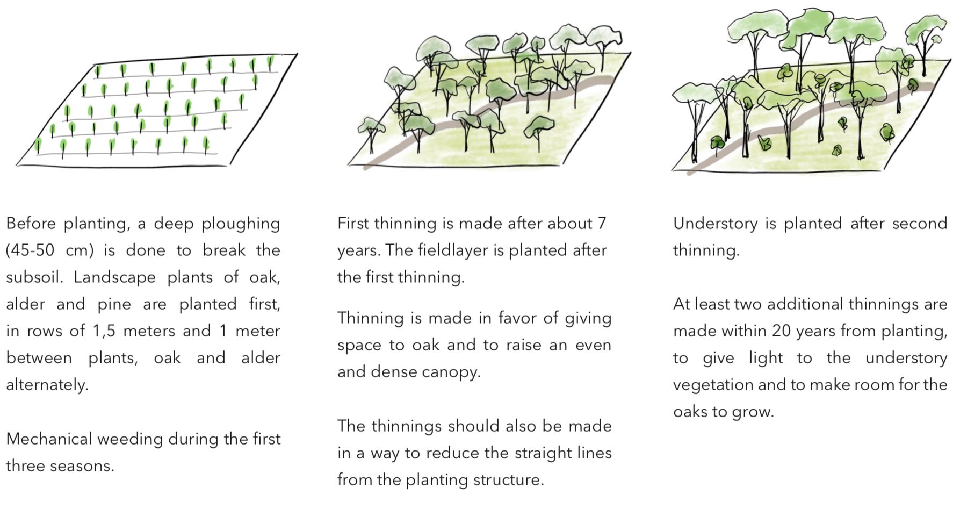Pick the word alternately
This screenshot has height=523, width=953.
(47, 385)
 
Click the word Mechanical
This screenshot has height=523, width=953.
(47, 439)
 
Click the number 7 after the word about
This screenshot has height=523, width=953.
(602, 224)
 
